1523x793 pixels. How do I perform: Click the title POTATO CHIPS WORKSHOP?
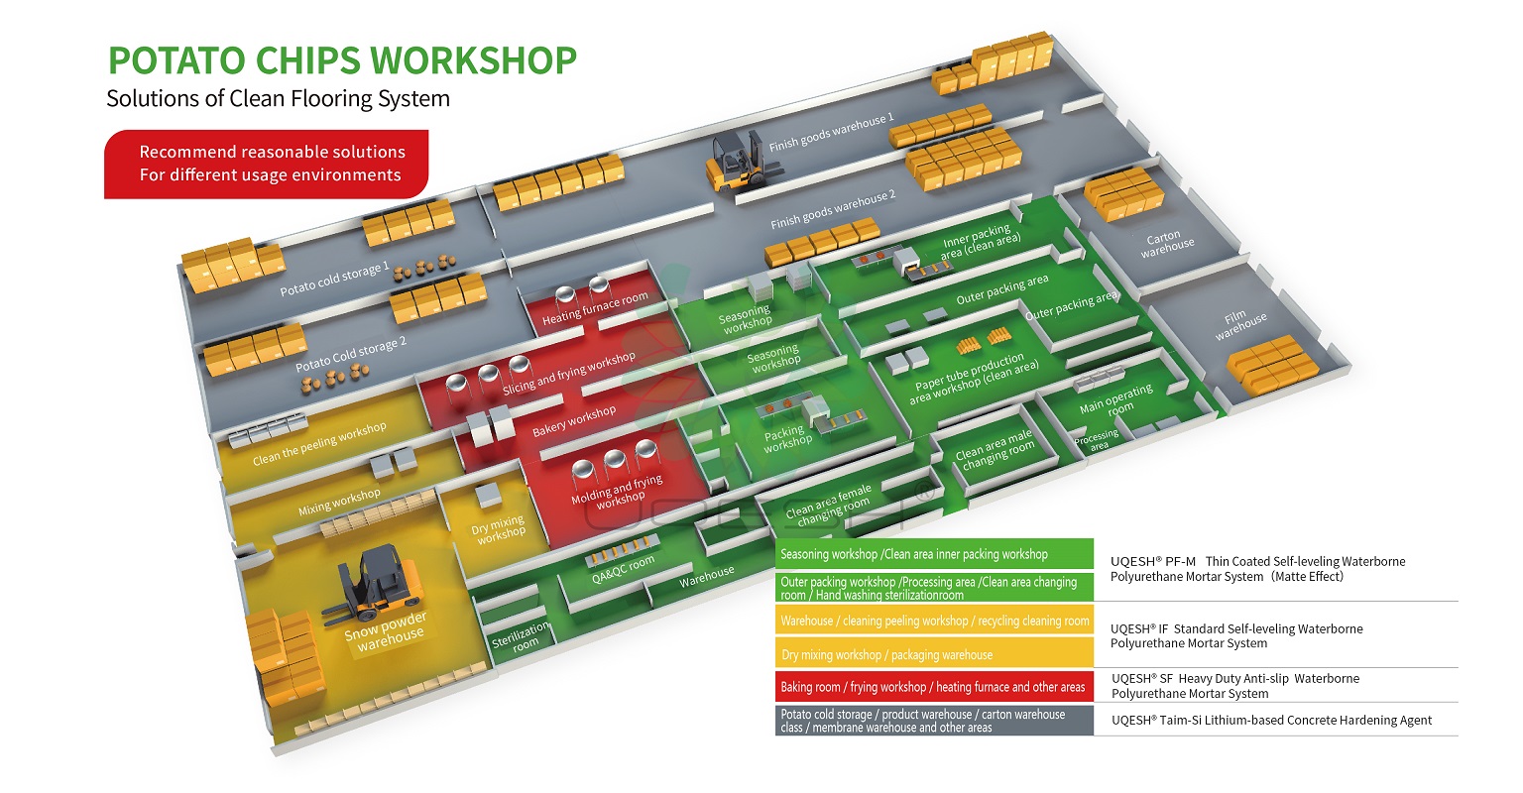coord(342,60)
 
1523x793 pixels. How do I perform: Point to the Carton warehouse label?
coord(1166,244)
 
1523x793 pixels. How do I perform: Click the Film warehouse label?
coord(1239,324)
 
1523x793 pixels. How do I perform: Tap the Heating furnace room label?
coord(595,308)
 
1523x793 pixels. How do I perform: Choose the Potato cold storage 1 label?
coord(334,279)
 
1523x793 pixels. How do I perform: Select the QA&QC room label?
coord(623,569)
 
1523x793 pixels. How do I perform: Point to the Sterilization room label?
coord(521,636)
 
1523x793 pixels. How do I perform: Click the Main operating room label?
coord(1115,399)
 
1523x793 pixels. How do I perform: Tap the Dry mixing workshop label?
coord(499,527)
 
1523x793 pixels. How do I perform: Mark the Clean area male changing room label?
coord(996,449)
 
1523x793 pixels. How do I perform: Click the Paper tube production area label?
coord(973,379)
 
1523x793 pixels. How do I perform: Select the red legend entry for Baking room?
coord(933,687)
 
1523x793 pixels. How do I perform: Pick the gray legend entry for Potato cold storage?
coord(933,721)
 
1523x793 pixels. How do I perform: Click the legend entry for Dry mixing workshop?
coord(933,654)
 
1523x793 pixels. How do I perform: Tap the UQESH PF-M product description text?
coord(1257,568)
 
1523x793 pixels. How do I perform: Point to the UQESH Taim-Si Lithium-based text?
coord(1271,721)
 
